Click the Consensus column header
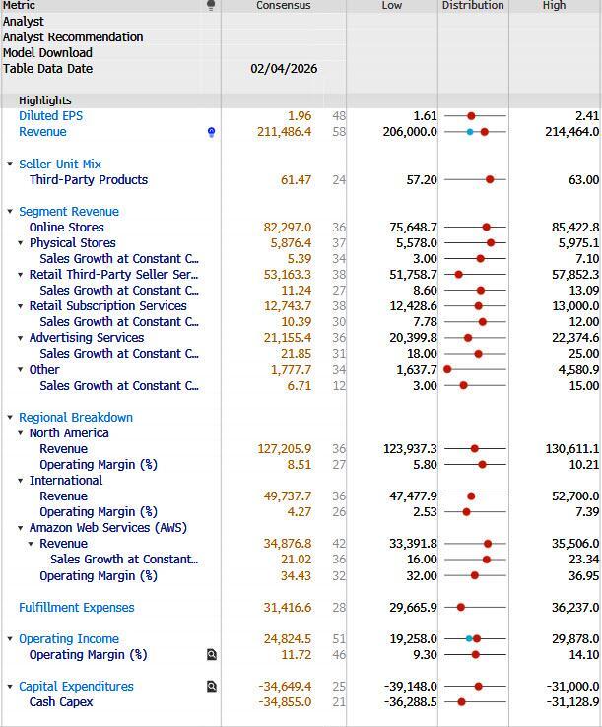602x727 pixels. tap(283, 6)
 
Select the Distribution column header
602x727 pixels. tap(473, 6)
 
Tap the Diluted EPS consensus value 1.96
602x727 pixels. tap(300, 116)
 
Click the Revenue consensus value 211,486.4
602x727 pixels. tap(285, 132)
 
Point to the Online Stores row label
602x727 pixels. tap(66, 228)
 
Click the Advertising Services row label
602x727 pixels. tap(87, 338)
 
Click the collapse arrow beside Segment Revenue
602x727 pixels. tap(10, 212)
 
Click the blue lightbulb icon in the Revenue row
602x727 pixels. tap(211, 132)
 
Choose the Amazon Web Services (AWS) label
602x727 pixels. tap(107, 528)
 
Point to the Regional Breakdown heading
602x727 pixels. tap(75, 418)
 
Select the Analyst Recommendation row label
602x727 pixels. tap(73, 37)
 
